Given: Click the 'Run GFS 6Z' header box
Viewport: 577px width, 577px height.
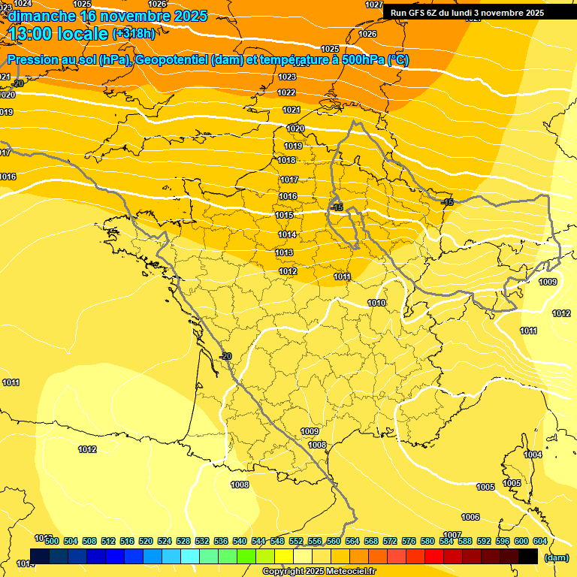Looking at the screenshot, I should tap(467, 12).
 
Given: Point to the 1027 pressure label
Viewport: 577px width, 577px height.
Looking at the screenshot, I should tap(373, 5).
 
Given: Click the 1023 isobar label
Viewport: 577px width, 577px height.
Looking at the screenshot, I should tap(286, 77).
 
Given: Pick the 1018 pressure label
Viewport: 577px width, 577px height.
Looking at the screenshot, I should tap(286, 160).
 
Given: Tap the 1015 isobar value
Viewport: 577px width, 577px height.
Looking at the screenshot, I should tap(284, 216).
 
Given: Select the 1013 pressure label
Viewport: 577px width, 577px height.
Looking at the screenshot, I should tap(285, 252).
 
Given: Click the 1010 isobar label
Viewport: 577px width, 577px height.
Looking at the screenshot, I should tap(376, 303).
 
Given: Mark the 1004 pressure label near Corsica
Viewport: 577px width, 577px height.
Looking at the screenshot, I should tap(533, 455).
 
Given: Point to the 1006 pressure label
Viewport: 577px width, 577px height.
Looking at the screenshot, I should tap(470, 517).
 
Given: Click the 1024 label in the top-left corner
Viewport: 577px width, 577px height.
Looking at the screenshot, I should tap(23, 4).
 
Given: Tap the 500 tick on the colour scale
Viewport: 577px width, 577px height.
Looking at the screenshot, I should tap(51, 541).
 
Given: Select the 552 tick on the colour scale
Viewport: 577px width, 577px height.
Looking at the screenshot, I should tap(296, 541).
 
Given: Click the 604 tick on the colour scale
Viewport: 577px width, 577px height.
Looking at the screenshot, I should tap(540, 541).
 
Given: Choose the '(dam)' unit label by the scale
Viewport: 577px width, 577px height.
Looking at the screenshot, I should tap(556, 557).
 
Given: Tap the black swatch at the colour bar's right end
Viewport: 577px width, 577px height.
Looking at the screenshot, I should tap(528, 556).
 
